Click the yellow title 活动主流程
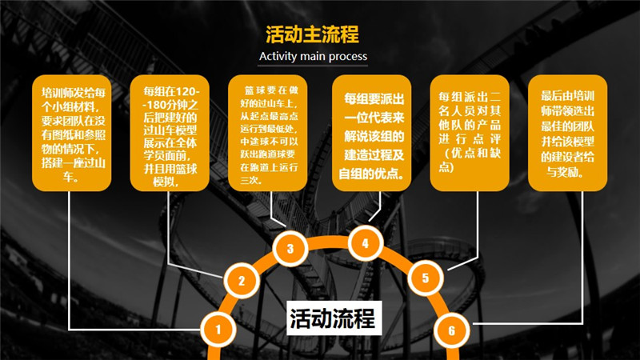(312, 34)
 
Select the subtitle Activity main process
(313, 56)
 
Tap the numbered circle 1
(218, 330)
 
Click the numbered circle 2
(242, 281)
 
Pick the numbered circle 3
(290, 248)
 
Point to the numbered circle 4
(366, 244)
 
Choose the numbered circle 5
(426, 278)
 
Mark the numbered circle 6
(451, 330)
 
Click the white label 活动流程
(334, 318)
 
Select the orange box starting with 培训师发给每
(72, 133)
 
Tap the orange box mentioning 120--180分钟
(170, 133)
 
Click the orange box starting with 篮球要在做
(268, 133)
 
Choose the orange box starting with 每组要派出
(372, 133)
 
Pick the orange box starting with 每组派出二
(470, 133)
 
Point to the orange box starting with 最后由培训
(568, 133)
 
